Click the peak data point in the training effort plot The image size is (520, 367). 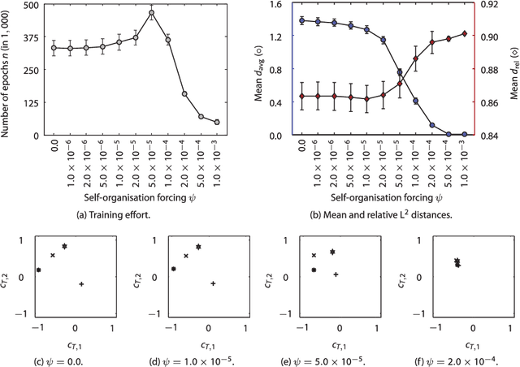pyautogui.click(x=151, y=13)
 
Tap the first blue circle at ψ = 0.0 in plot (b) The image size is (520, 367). pyautogui.click(x=302, y=20)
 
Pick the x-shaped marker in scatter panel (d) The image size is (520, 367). pyautogui.click(x=186, y=256)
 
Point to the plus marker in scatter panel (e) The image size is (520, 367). pyautogui.click(x=336, y=274)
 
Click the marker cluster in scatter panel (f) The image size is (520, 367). pyautogui.click(x=457, y=262)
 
